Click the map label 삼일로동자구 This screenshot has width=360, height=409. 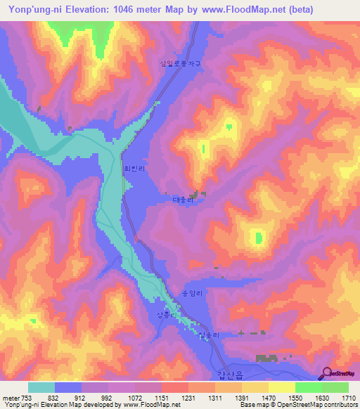click(x=181, y=63)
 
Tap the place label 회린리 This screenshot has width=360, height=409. click(x=134, y=169)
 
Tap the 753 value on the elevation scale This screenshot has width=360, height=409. click(x=27, y=397)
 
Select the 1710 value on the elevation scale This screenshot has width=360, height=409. click(x=349, y=397)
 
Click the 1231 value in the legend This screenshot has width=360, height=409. click(x=188, y=397)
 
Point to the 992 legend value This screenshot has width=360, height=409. click(x=108, y=397)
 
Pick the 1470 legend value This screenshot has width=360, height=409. click(x=268, y=397)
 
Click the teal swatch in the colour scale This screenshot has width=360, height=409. click(x=41, y=387)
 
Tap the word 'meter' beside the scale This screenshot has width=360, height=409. click(x=11, y=397)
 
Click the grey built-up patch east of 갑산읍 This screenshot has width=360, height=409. click(x=267, y=358)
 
